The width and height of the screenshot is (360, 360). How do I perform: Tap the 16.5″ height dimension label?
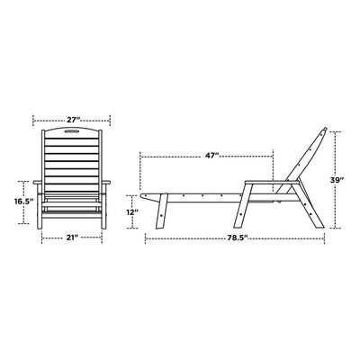(x=23, y=202)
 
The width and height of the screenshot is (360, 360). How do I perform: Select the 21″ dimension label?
(x=72, y=238)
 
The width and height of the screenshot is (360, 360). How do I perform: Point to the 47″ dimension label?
(x=212, y=156)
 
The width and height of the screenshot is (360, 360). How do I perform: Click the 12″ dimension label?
(x=132, y=212)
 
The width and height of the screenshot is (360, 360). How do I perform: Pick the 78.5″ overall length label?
(x=237, y=238)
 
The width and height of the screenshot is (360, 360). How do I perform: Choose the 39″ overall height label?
(x=336, y=180)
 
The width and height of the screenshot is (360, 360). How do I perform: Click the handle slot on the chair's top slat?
(x=72, y=130)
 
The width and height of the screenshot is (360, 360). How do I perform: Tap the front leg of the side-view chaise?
(x=162, y=211)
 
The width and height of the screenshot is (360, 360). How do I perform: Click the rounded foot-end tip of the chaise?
(x=142, y=195)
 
